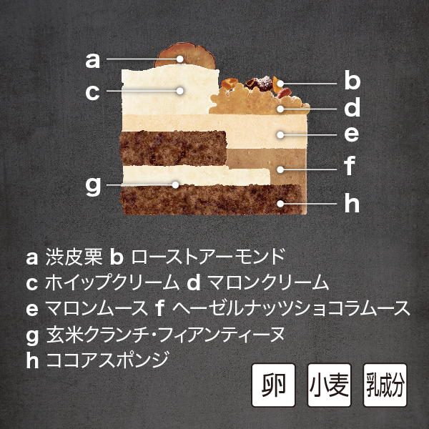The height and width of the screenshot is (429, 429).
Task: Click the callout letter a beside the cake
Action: tap(93, 61)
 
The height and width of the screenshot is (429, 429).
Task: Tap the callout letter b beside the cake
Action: tap(352, 79)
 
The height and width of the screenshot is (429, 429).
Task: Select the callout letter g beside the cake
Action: tap(93, 187)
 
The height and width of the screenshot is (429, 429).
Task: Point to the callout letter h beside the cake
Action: tap(352, 202)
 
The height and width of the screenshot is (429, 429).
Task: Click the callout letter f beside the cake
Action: tap(350, 165)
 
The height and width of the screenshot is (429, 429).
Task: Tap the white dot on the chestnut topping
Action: tap(179, 59)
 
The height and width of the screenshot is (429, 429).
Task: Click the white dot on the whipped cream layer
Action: tap(179, 91)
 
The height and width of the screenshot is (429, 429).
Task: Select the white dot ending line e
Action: tap(280, 134)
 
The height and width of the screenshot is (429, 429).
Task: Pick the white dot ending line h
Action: tap(280, 204)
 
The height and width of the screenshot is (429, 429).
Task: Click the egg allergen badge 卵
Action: tap(273, 385)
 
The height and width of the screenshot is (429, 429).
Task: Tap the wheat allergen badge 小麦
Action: tap(329, 385)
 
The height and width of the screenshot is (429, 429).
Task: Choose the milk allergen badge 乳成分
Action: tap(385, 385)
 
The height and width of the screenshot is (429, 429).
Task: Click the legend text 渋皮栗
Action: tap(74, 257)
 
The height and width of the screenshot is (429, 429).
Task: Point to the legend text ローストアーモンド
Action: tap(208, 257)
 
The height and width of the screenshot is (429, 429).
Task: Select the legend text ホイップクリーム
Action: tap(112, 282)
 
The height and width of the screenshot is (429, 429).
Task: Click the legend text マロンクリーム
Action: tap(268, 282)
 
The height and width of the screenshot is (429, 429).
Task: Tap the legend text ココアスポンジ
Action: tap(107, 359)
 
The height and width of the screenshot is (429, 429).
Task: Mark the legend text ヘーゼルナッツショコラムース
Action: tap(291, 308)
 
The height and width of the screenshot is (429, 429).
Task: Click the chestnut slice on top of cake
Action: tap(185, 56)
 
